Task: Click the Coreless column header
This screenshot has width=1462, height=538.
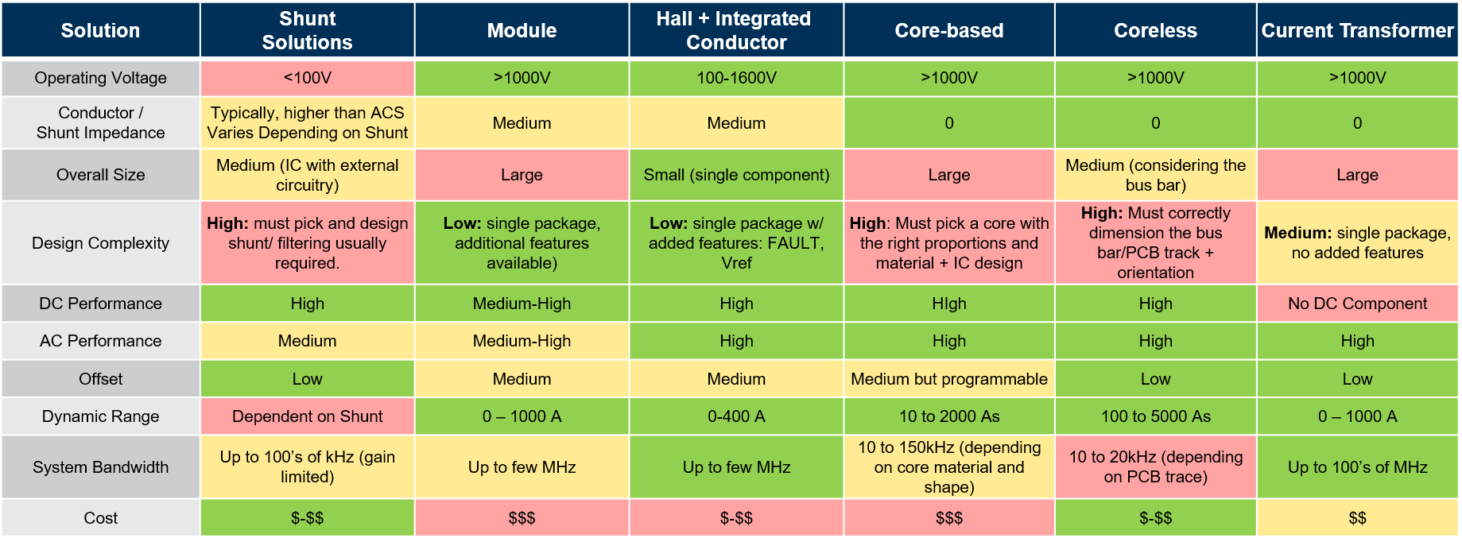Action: [1155, 30]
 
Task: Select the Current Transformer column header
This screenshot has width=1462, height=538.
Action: [1357, 30]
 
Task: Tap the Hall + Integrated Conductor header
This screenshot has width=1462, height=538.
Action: [736, 30]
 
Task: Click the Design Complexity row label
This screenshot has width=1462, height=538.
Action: [100, 243]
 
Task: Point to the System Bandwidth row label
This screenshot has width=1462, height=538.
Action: [100, 467]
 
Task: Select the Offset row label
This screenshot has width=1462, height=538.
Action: [100, 379]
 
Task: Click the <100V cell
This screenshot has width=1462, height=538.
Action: [307, 78]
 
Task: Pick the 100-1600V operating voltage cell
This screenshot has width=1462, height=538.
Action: [736, 78]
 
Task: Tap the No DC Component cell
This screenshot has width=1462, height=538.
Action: [1357, 304]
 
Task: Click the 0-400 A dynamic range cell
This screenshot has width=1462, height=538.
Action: [736, 416]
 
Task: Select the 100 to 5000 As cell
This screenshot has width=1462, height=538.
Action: [1155, 416]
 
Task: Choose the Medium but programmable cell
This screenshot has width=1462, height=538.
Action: [948, 379]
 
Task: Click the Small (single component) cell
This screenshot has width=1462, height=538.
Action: [736, 175]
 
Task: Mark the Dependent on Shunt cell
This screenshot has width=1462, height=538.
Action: [307, 416]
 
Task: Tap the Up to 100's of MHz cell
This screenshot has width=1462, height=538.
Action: [1357, 467]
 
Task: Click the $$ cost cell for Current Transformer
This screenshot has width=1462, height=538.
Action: [1357, 518]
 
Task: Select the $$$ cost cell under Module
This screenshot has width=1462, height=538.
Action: [522, 518]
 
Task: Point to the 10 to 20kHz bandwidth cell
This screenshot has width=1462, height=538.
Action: [1155, 467]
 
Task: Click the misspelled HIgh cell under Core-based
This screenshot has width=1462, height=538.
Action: [948, 304]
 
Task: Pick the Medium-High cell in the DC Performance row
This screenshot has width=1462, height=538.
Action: [522, 304]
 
